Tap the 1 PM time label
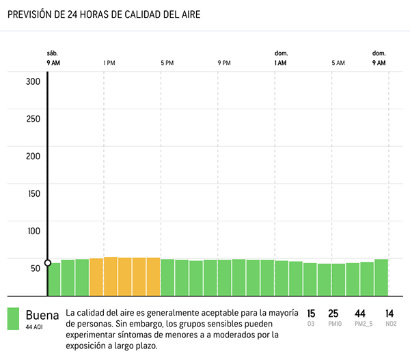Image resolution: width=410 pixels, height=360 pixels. pyautogui.click(x=109, y=63)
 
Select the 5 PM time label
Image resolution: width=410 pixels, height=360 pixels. pyautogui.click(x=167, y=63)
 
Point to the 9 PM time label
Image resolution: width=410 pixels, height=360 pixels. pyautogui.click(x=224, y=63)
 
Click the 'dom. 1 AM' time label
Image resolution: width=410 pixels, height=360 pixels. pyautogui.click(x=281, y=58)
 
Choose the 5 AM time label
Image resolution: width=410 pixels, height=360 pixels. pyautogui.click(x=338, y=63)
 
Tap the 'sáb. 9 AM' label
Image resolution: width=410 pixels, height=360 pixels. pyautogui.click(x=53, y=58)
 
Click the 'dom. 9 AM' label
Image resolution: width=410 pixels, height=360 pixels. pyautogui.click(x=379, y=58)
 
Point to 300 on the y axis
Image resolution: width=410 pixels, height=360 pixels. pyautogui.click(x=33, y=81)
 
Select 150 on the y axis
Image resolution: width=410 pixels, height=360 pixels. pyautogui.click(x=33, y=193)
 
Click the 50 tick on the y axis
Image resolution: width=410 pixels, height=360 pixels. pyautogui.click(x=33, y=268)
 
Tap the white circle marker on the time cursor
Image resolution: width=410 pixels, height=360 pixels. pyautogui.click(x=47, y=263)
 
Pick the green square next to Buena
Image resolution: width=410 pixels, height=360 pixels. pyautogui.click(x=14, y=319)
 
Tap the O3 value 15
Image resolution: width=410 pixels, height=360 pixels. pyautogui.click(x=311, y=314)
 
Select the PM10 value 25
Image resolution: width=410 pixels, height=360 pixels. pyautogui.click(x=333, y=314)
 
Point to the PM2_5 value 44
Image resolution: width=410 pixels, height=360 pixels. pyautogui.click(x=360, y=314)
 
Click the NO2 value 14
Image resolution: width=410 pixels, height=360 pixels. pyautogui.click(x=389, y=314)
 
